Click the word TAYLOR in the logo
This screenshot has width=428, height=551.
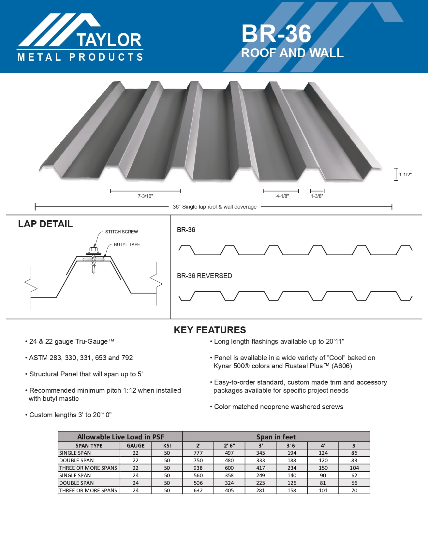(109, 40)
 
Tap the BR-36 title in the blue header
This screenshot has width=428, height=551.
(276, 34)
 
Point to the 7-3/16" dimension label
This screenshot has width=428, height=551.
(145, 196)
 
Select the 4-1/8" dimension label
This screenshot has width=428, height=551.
(282, 196)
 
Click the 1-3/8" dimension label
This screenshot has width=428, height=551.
(317, 196)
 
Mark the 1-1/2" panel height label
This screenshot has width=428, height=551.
(405, 175)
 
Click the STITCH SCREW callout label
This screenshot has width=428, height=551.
(121, 232)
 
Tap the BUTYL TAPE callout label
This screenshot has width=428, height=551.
(127, 244)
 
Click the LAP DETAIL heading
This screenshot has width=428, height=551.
(45, 224)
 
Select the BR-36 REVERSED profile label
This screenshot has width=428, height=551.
(204, 276)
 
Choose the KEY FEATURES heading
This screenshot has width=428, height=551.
(210, 330)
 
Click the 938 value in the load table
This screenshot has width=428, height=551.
(198, 468)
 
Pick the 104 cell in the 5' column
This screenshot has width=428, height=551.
(354, 468)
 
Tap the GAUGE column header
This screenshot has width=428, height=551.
(136, 446)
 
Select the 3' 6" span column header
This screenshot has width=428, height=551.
(292, 446)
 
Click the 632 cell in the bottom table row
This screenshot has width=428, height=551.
(198, 490)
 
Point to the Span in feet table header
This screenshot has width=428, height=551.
(276, 437)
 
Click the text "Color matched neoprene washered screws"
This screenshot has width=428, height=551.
(278, 407)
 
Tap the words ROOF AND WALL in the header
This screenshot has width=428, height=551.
(292, 53)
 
